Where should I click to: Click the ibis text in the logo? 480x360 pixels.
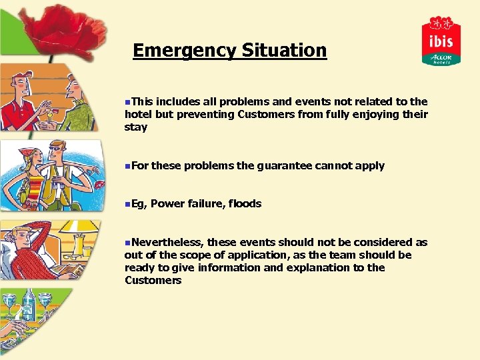pyautogui.click(x=441, y=41)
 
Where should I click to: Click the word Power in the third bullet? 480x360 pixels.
pyautogui.click(x=167, y=203)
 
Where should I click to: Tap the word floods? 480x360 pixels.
pyautogui.click(x=245, y=203)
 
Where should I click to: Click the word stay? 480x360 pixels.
pyautogui.click(x=135, y=127)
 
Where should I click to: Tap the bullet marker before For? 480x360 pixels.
pyautogui.click(x=127, y=165)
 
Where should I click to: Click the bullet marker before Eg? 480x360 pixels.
pyautogui.click(x=127, y=203)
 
